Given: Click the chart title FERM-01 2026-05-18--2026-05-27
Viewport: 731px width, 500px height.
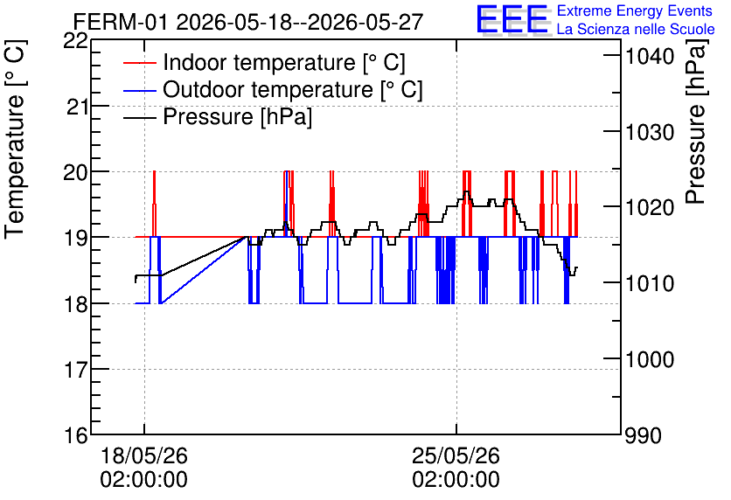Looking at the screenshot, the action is point(248,22).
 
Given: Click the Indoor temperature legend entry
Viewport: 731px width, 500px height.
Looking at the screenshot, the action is point(284,62).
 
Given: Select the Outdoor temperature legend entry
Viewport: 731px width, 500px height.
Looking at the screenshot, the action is point(293,89).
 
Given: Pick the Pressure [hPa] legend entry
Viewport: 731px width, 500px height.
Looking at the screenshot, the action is point(237,116).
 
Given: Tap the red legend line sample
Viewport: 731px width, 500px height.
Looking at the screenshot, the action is point(139,63).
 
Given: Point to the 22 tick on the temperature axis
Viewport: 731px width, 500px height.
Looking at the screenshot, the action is point(75,41).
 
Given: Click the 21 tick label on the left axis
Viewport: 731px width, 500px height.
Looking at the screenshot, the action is point(77,108).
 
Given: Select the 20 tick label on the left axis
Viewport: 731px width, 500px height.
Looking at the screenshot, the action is point(75,172).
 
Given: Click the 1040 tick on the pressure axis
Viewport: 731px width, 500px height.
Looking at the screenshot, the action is point(650,57).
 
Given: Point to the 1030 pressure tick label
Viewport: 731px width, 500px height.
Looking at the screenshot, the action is point(650,132).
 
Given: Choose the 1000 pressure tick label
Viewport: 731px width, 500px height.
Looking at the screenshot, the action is point(650,359).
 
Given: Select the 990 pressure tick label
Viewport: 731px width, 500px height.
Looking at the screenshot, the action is point(643,435).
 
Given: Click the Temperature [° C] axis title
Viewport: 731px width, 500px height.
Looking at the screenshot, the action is point(15,139).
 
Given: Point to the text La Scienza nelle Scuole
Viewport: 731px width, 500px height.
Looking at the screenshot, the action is point(636,30).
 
